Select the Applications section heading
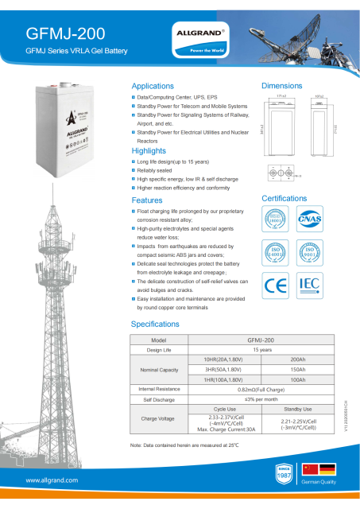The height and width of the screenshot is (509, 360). (152, 86)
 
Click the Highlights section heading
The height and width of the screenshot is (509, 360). (148, 150)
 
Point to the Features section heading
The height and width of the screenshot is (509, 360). (146, 200)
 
